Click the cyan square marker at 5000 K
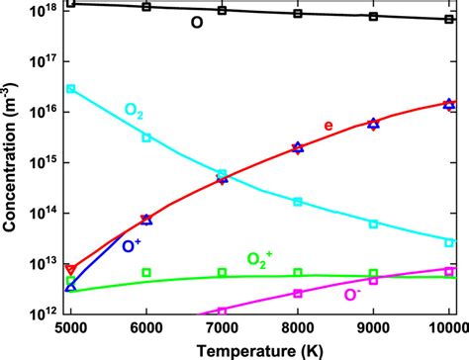coord(70,89)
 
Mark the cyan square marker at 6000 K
coord(146,137)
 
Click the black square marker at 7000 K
coord(222,10)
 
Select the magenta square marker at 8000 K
coord(298,293)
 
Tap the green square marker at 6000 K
coord(146,272)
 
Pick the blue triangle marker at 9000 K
coord(373,124)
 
